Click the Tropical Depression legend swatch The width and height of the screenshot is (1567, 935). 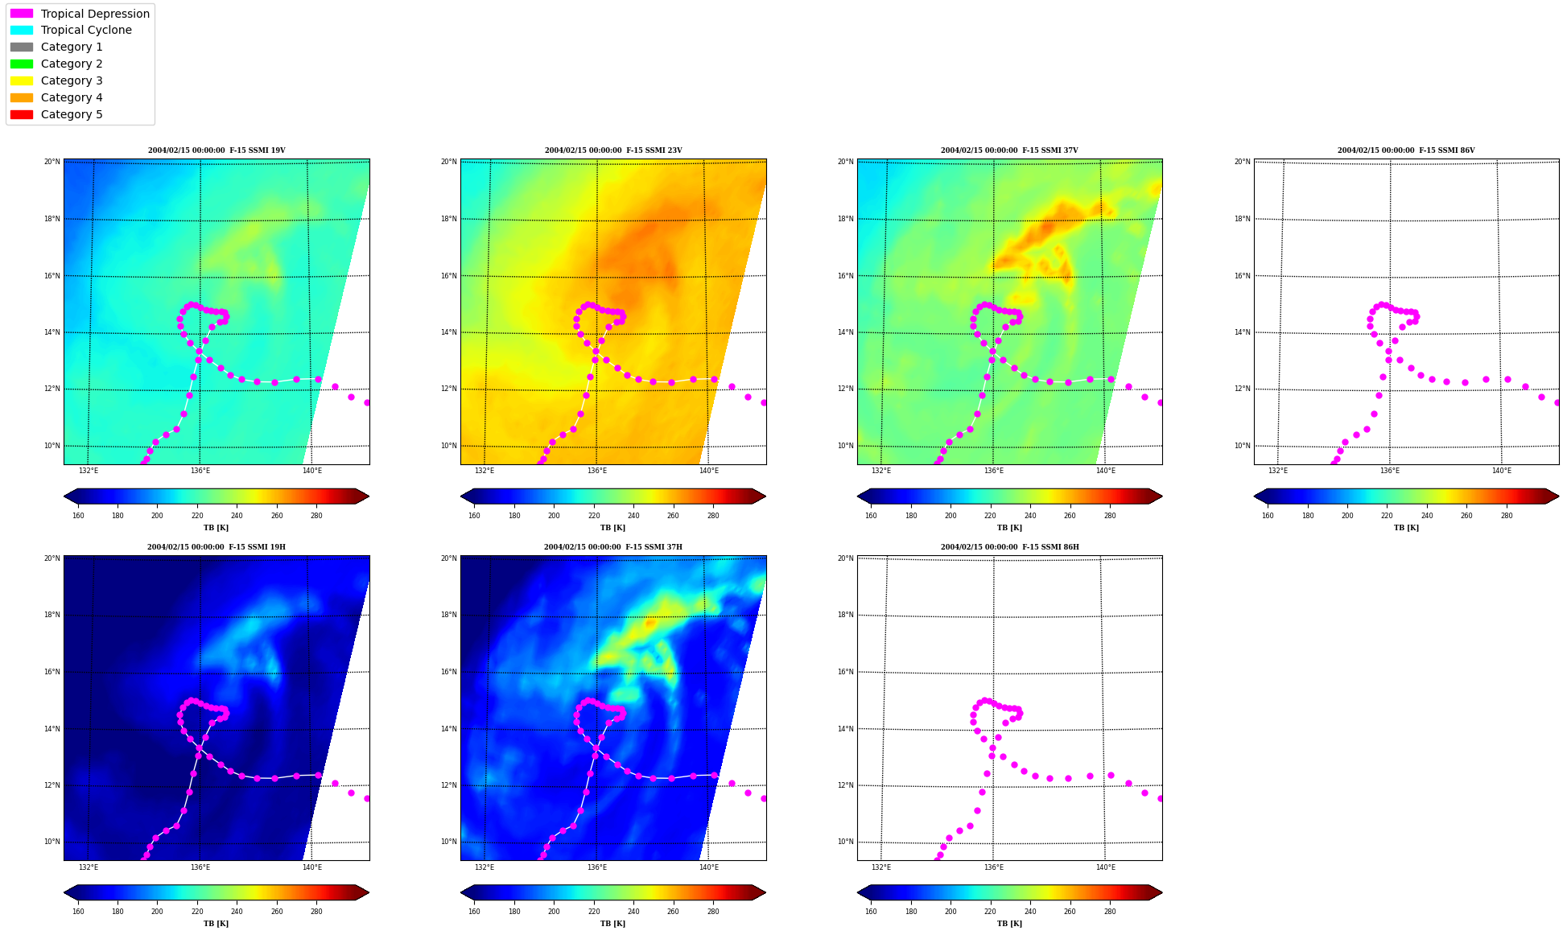[22, 14]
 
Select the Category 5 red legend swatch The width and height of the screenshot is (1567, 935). [22, 114]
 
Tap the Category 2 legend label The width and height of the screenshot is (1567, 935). [72, 64]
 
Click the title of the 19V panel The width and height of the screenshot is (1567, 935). [216, 150]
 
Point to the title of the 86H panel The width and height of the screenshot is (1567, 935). [1010, 547]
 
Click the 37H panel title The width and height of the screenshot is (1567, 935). [613, 547]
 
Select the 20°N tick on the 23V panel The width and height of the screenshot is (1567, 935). [448, 162]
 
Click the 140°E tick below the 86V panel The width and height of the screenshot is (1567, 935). [1502, 471]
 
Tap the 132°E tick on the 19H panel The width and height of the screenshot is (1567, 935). [89, 867]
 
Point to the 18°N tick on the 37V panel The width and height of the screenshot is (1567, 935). [845, 219]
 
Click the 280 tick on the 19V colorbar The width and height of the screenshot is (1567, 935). [316, 516]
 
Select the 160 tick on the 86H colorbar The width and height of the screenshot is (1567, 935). [871, 912]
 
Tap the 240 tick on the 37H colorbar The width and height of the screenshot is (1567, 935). [633, 912]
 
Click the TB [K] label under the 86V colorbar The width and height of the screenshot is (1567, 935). [1407, 528]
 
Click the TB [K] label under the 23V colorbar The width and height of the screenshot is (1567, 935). [613, 528]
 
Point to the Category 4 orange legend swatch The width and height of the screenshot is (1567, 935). [22, 97]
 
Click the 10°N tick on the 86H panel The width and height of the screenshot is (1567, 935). [845, 842]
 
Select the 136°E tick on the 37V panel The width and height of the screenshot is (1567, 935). [994, 471]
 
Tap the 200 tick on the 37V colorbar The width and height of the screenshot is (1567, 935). [951, 516]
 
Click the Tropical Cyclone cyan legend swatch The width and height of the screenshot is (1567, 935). [22, 30]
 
